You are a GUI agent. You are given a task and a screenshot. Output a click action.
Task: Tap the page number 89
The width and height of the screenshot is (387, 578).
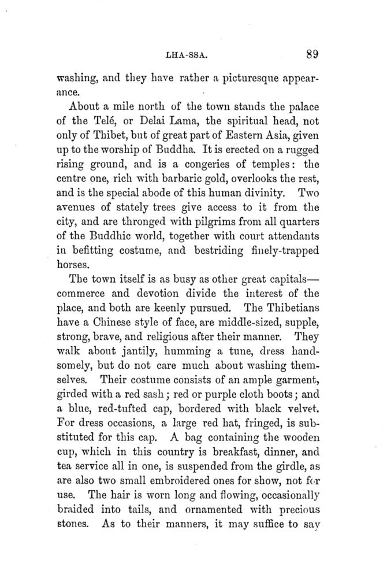pos(312,55)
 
